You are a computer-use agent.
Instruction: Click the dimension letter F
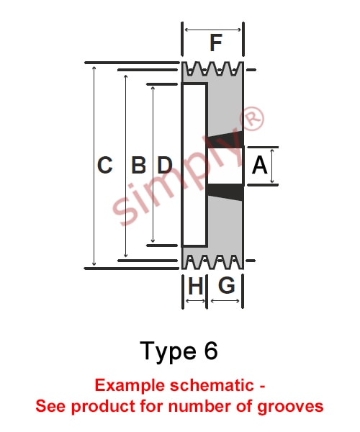pyautogui.click(x=216, y=42)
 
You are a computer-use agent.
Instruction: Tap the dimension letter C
pyautogui.click(x=105, y=165)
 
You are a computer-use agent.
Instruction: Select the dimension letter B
pyautogui.click(x=138, y=165)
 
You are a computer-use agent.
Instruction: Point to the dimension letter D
pyautogui.click(x=165, y=165)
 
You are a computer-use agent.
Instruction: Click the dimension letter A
pyautogui.click(x=259, y=165)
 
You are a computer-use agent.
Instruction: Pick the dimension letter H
pyautogui.click(x=196, y=285)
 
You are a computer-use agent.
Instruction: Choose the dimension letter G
pyautogui.click(x=227, y=285)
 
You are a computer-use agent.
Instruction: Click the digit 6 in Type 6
pyautogui.click(x=211, y=351)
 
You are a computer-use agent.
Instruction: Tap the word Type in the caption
pyautogui.click(x=168, y=352)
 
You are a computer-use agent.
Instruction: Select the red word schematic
pyautogui.click(x=212, y=385)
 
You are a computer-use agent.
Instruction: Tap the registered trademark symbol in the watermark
pyautogui.click(x=252, y=119)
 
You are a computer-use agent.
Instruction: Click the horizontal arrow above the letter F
pyautogui.click(x=212, y=30)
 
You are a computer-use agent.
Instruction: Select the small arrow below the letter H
pyautogui.click(x=196, y=301)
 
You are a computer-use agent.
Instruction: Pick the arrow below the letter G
pyautogui.click(x=225, y=301)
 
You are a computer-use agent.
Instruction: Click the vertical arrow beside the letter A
pyautogui.click(x=272, y=166)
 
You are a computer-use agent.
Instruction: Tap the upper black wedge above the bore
pyautogui.click(x=225, y=140)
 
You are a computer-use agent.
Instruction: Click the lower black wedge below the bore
pyautogui.click(x=225, y=192)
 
